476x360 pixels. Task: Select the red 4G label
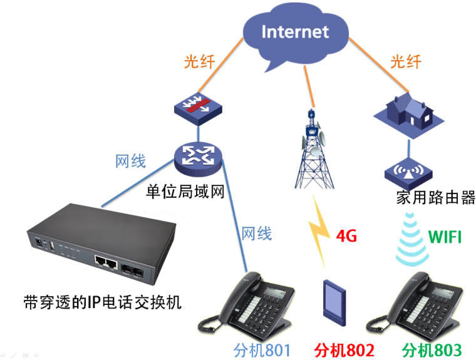[347, 237]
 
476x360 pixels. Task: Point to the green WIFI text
[445, 237]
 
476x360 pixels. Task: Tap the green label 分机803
[432, 349]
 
